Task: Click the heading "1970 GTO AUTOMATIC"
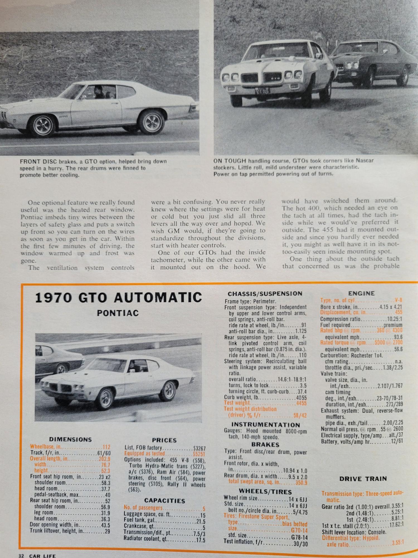(118, 298)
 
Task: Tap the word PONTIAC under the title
(118, 313)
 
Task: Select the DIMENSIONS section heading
(70, 439)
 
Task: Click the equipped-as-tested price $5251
(199, 454)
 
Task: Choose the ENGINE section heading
(361, 293)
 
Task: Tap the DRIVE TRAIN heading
(363, 479)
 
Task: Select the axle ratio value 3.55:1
(398, 543)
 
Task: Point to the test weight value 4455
(301, 403)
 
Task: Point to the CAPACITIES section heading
(164, 501)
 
